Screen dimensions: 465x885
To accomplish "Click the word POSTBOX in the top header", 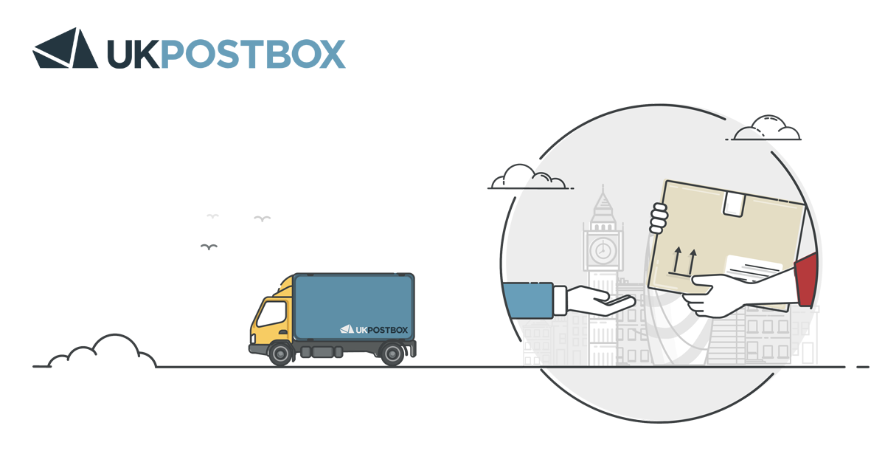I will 253,54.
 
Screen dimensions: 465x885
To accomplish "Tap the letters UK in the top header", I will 132,54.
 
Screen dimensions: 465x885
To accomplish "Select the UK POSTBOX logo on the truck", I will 373,328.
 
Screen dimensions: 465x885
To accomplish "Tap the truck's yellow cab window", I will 271,314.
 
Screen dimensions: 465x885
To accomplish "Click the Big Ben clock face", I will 603,249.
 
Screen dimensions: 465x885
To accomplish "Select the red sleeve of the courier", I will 806,280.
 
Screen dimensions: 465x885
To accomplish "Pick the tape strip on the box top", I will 733,202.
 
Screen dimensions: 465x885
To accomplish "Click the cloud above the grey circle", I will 766,129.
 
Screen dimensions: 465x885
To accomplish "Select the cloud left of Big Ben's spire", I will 527,178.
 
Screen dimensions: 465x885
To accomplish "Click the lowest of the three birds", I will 209,247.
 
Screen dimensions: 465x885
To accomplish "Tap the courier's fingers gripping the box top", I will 658,218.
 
